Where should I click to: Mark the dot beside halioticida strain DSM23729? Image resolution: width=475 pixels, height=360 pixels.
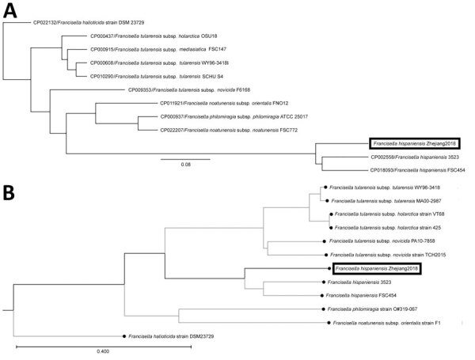point(123,336)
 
